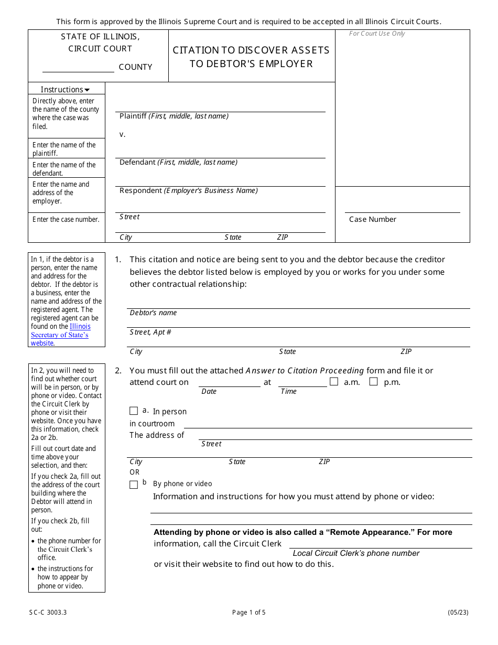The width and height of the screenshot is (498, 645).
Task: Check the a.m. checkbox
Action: (334, 382)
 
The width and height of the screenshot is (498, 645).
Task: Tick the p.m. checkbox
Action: (373, 382)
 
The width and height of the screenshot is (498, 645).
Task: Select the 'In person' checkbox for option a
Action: (134, 411)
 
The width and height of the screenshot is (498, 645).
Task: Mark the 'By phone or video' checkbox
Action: (134, 485)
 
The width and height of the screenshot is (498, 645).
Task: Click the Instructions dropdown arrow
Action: (87, 90)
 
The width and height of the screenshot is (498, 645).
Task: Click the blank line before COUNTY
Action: (78, 67)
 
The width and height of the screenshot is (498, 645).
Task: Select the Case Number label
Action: (373, 219)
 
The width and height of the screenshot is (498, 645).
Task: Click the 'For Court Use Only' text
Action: (377, 34)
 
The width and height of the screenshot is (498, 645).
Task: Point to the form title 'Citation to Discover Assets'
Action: (251, 50)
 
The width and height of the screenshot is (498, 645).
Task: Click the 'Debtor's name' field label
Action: (153, 313)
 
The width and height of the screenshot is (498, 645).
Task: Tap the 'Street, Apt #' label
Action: (150, 332)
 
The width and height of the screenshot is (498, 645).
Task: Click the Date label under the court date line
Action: (209, 391)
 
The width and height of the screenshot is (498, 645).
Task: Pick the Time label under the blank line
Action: (288, 391)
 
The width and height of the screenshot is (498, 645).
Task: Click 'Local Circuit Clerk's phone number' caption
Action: (356, 553)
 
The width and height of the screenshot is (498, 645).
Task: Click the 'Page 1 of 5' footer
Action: (248, 612)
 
